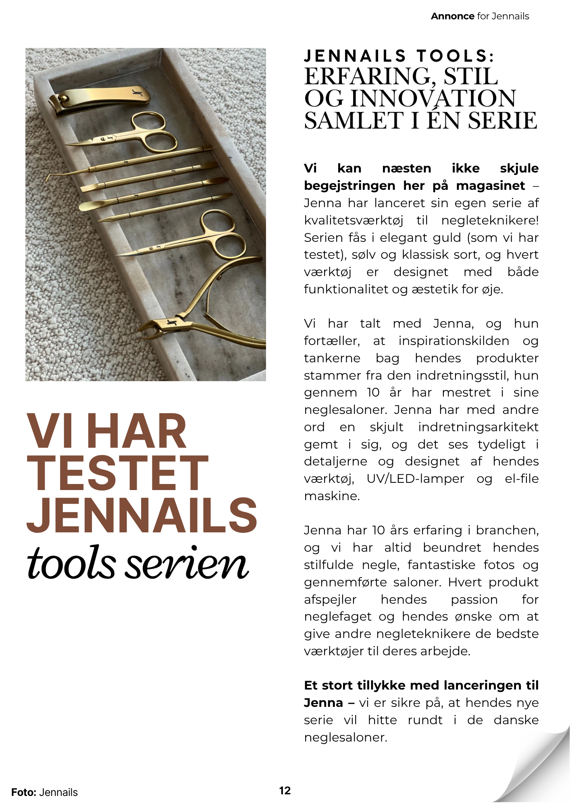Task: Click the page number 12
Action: click(x=285, y=791)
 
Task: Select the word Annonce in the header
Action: click(x=452, y=16)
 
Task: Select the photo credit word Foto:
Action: click(x=24, y=792)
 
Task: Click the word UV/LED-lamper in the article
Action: click(x=415, y=479)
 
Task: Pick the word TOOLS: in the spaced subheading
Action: click(x=455, y=56)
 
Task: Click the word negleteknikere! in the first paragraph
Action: click(x=489, y=220)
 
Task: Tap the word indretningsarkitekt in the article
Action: click(x=478, y=427)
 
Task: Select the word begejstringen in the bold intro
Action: click(x=349, y=186)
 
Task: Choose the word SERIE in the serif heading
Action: click(x=502, y=120)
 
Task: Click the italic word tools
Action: click(x=71, y=563)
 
